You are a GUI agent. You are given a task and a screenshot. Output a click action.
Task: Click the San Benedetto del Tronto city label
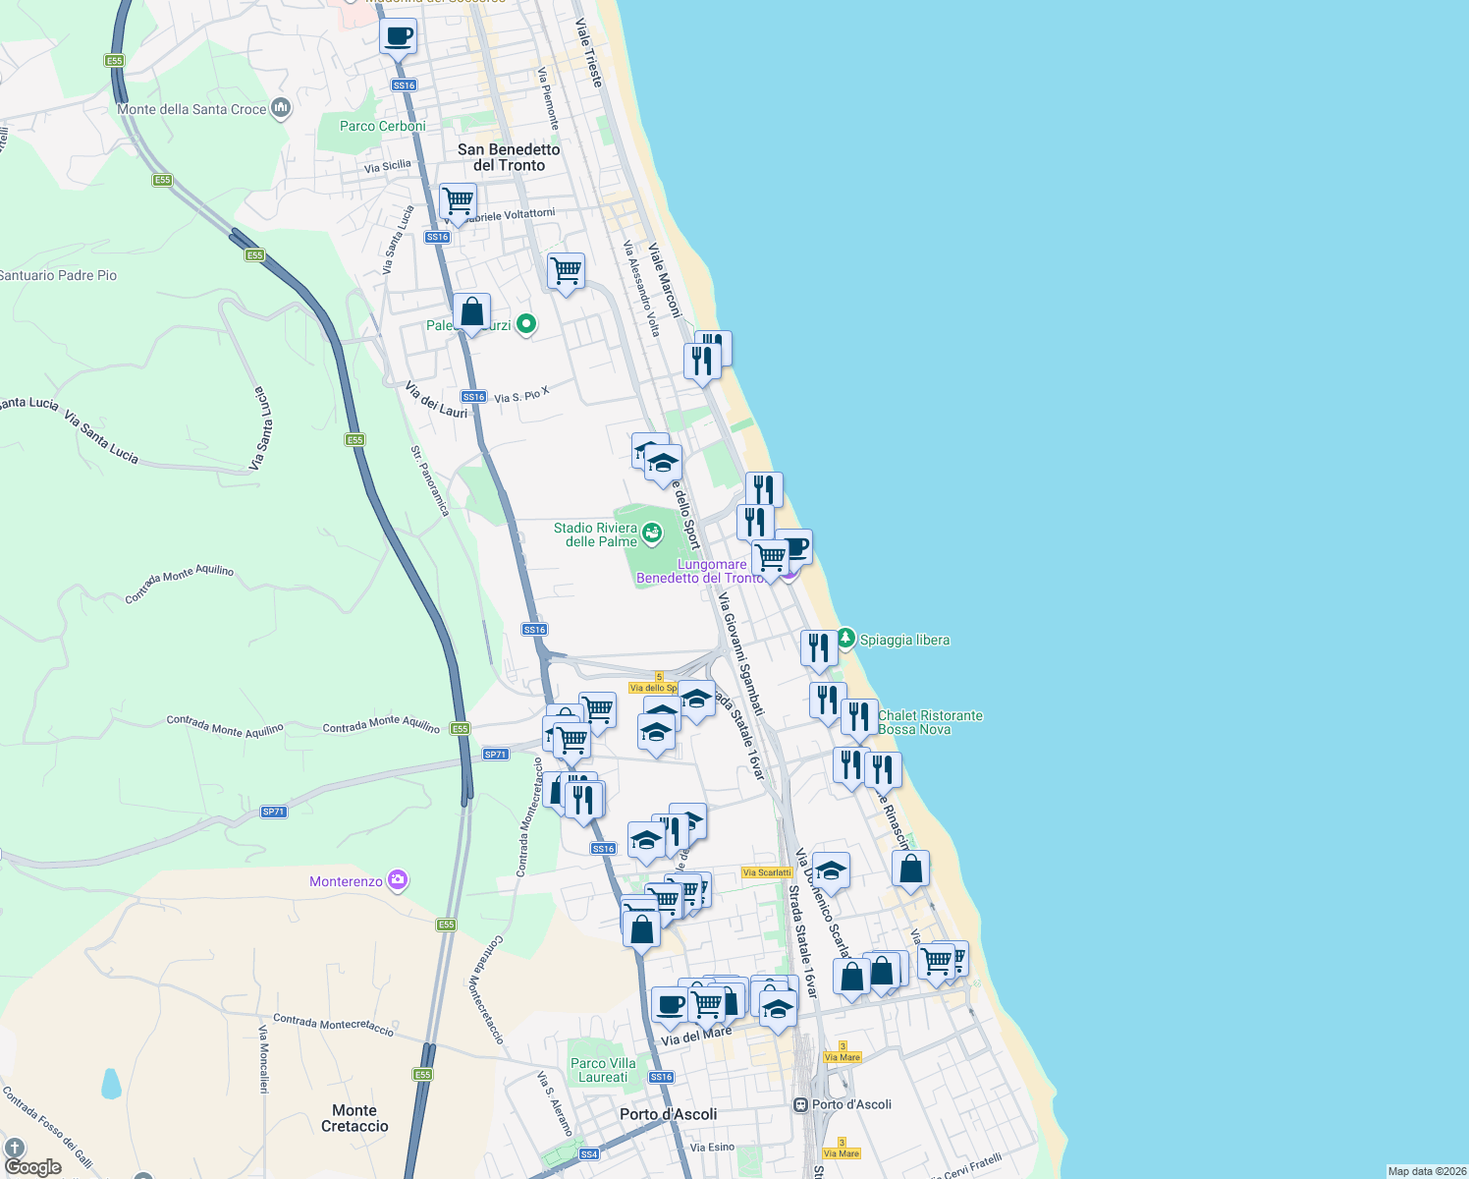509,157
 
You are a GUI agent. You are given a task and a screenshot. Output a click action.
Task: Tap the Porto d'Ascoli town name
668,1114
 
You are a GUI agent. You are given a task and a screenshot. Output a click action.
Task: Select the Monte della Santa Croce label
191,109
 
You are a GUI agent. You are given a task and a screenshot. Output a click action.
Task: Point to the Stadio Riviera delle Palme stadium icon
652,533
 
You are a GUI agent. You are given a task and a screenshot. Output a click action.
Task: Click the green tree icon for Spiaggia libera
845,639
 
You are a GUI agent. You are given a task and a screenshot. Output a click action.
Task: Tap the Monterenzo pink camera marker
398,879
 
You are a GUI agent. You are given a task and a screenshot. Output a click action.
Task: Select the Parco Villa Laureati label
603,1070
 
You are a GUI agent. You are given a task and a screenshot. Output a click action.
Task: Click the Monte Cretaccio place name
354,1118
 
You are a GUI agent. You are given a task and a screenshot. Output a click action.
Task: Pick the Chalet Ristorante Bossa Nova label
930,722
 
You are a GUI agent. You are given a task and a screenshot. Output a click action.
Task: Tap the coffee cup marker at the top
398,37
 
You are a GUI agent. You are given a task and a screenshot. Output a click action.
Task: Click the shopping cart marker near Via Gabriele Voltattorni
458,201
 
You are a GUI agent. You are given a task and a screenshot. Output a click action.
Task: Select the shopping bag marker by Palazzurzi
471,311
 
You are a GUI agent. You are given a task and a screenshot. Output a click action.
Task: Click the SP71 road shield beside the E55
495,755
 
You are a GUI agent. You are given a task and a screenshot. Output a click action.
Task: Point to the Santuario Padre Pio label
59,275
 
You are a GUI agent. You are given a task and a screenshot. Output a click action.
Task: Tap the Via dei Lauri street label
437,400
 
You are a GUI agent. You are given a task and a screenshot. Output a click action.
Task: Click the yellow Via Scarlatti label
766,872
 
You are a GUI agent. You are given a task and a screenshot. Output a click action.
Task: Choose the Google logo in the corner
33,1167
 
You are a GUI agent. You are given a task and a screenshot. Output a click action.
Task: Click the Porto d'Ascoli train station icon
801,1104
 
